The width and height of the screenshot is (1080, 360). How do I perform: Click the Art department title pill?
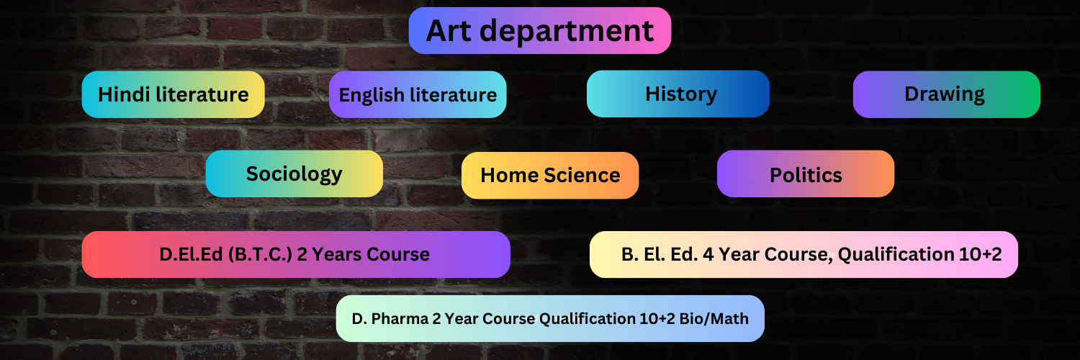(539, 30)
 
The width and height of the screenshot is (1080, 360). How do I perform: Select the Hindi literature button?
(173, 94)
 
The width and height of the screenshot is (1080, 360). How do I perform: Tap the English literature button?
(418, 94)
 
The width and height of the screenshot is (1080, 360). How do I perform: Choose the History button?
(678, 94)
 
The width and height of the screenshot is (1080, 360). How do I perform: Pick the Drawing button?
(947, 94)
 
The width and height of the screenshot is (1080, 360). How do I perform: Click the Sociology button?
(294, 174)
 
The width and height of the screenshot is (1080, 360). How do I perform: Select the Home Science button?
(550, 176)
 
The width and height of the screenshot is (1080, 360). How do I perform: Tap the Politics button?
(806, 174)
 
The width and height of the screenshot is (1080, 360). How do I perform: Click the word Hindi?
(124, 94)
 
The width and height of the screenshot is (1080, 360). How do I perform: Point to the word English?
(372, 96)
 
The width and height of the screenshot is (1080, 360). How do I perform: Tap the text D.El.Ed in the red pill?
(191, 254)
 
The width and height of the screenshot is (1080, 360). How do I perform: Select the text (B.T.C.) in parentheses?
(260, 254)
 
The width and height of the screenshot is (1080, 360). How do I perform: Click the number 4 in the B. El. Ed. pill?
(708, 254)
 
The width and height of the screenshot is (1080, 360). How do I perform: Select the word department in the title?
(567, 32)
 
